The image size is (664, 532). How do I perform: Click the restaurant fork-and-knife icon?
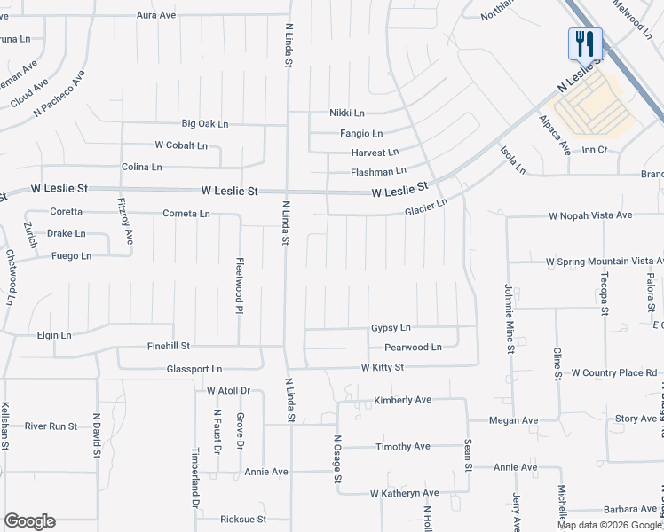coord(585,43)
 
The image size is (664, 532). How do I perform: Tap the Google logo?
coord(29,521)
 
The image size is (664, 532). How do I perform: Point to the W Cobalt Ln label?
coord(181,145)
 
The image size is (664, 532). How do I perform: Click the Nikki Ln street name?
coord(347,113)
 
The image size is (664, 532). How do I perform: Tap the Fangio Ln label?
coord(361,133)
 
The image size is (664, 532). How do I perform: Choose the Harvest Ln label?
coord(375,152)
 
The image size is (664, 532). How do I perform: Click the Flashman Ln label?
coord(378,170)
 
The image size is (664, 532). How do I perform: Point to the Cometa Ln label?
coord(186,214)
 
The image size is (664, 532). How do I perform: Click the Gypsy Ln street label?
coord(391,328)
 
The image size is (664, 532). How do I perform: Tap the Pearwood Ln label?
coord(413,348)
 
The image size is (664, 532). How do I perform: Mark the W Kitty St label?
coord(383,367)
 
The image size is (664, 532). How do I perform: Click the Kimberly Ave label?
coord(402,400)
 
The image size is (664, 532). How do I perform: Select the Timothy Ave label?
coord(403,446)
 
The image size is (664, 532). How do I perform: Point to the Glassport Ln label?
coord(194,368)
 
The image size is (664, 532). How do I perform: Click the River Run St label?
coord(51,426)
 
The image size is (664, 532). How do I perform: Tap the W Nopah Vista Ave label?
coord(590,215)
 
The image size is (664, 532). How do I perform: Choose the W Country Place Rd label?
coord(614,372)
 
